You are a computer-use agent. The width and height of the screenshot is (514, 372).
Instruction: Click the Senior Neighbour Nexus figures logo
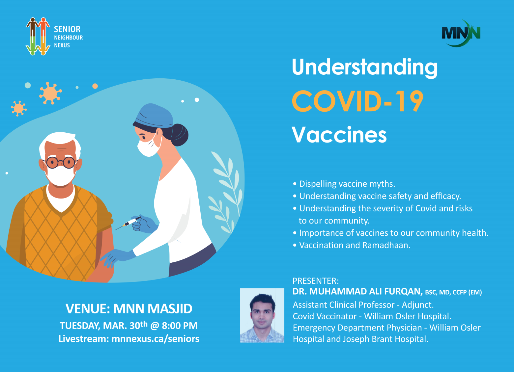click(38, 36)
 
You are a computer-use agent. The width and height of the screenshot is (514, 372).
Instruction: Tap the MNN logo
click(461, 34)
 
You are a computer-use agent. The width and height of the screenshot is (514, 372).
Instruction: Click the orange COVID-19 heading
click(357, 101)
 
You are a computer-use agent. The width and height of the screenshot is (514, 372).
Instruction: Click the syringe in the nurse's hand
click(128, 223)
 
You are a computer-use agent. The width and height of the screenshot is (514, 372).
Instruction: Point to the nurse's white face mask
click(149, 146)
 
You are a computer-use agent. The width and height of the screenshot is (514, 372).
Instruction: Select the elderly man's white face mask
click(60, 175)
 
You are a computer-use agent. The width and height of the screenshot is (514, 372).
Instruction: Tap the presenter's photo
click(262, 315)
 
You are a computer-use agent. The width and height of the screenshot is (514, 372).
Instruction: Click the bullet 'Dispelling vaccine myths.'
click(344, 184)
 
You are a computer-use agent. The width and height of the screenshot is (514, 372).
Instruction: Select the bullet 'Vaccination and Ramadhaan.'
click(352, 245)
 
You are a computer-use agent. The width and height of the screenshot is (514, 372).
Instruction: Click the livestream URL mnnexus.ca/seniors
click(155, 339)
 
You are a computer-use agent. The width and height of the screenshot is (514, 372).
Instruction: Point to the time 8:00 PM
click(180, 326)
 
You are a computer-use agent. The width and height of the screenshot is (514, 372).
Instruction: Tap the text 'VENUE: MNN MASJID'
click(129, 308)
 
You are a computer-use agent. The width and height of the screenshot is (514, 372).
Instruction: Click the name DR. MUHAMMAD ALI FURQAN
click(357, 292)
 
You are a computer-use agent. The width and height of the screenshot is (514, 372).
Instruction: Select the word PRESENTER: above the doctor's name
click(316, 281)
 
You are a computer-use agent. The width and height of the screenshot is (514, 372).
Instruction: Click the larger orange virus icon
click(50, 93)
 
